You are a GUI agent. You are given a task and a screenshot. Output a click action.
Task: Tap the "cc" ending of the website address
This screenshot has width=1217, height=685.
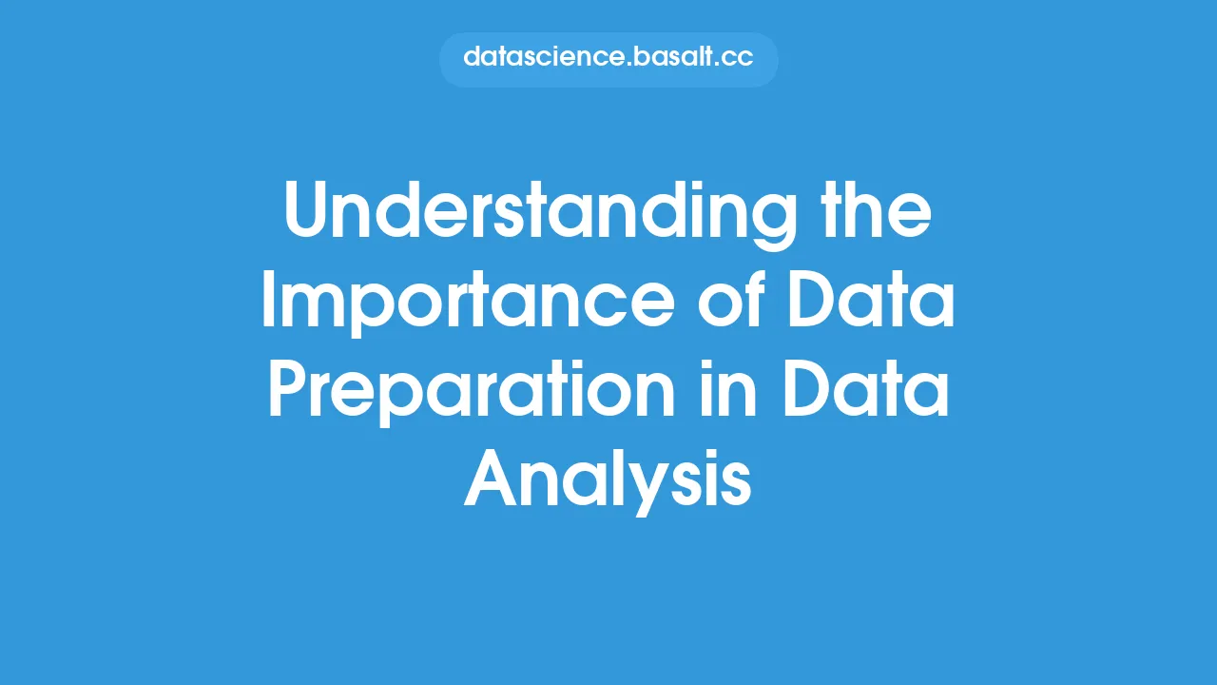[x=739, y=58]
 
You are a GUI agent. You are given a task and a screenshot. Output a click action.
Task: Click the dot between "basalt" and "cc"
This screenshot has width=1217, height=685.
[x=718, y=65]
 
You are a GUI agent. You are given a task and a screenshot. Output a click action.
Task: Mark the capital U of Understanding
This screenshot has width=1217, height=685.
[x=307, y=214]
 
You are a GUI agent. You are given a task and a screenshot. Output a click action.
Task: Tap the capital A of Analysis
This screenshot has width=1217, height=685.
[x=490, y=481]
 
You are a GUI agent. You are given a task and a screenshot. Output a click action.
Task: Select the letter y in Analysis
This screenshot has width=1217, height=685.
[x=658, y=490]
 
